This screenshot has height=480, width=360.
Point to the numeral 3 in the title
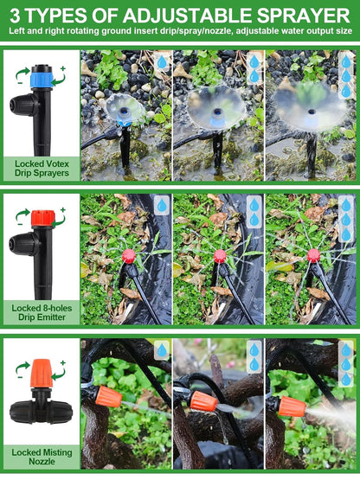pyautogui.click(x=16, y=15)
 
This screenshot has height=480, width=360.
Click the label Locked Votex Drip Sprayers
pyautogui.click(x=41, y=168)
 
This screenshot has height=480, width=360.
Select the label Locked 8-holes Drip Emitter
pyautogui.click(x=41, y=312)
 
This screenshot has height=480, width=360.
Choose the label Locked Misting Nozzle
pyautogui.click(x=41, y=457)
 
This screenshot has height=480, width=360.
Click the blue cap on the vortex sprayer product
pyautogui.click(x=40, y=79)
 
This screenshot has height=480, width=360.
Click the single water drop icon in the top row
pyautogui.click(x=162, y=61)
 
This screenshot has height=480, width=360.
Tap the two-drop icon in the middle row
pyautogui.click(x=254, y=211)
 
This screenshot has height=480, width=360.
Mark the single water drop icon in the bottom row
pyautogui.click(x=162, y=349)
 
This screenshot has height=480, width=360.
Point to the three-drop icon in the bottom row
pyautogui.click(x=346, y=361)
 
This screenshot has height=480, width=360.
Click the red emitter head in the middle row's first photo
pyautogui.click(x=129, y=256)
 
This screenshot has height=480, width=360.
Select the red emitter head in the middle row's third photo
pyautogui.click(x=314, y=256)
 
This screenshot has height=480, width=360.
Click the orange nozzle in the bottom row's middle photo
pyautogui.click(x=204, y=401)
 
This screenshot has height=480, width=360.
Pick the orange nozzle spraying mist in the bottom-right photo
pyautogui.click(x=292, y=406)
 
